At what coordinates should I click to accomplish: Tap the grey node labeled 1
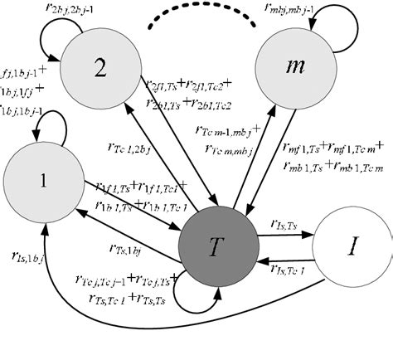pyautogui.click(x=42, y=182)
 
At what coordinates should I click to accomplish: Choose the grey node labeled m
pyautogui.click(x=292, y=72)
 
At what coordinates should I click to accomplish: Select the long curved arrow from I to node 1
pyautogui.click(x=166, y=332)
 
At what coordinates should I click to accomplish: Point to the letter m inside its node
pyautogui.click(x=292, y=72)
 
